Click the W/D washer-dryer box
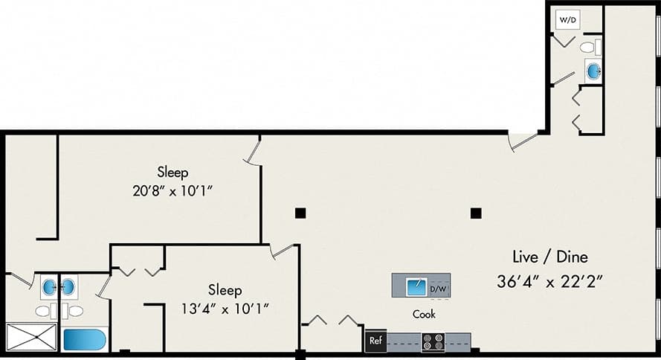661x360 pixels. click(x=567, y=19)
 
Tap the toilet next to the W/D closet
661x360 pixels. click(x=589, y=48)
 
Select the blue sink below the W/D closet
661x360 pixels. click(x=593, y=71)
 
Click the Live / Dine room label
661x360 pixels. click(x=550, y=257)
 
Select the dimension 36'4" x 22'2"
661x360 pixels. click(x=549, y=282)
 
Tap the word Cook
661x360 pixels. click(x=424, y=315)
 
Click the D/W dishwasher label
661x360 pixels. click(x=439, y=287)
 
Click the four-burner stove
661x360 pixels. click(x=433, y=342)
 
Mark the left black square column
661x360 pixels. click(x=300, y=213)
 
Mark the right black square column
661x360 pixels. click(x=475, y=213)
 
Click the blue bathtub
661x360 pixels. click(x=84, y=339)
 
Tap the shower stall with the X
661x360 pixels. click(x=31, y=337)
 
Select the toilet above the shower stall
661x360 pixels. click(x=42, y=310)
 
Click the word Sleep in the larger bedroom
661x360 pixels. click(x=172, y=173)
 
